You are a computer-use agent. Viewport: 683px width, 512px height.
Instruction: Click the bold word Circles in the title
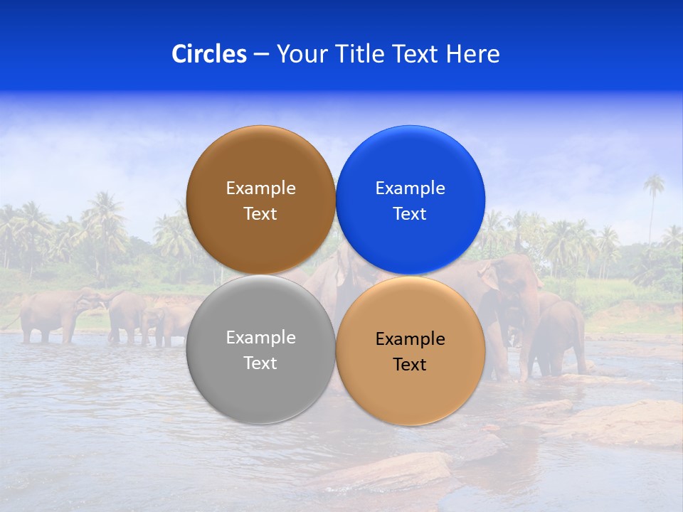pos(208,54)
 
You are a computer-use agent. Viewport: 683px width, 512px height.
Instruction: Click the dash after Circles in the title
pos(261,55)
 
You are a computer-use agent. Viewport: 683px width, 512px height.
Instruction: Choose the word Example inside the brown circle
pos(260,188)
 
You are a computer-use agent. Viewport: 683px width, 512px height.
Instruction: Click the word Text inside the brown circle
pos(260,214)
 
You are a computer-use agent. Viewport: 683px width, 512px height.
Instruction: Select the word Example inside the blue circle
pos(410,188)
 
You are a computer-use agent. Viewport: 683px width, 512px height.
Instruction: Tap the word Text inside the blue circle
pos(410,214)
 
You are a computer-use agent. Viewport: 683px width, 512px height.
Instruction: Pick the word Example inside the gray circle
pos(260,338)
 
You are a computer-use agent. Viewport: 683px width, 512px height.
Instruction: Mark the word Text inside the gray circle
pos(260,363)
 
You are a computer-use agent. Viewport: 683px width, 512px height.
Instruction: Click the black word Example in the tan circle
pos(410,339)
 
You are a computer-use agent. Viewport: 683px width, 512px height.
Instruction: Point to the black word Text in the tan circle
pos(410,365)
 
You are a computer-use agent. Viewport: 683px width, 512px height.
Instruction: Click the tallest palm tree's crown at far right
pos(654,185)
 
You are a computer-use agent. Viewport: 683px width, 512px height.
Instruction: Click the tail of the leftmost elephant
pos(13,322)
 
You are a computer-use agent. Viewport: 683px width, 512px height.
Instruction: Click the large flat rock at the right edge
pos(626,423)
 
